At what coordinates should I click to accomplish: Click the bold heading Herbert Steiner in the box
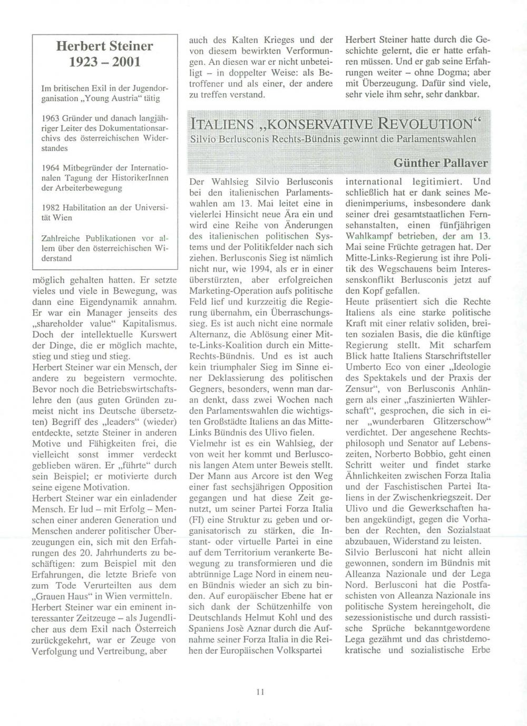pos(104,46)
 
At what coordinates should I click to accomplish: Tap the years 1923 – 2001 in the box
pos(104,62)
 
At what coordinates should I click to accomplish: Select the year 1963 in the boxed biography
pos(51,118)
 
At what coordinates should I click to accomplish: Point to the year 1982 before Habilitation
pos(51,207)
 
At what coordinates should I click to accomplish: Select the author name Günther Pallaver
pos(441,163)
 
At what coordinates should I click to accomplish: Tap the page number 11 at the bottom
pos(260,692)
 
